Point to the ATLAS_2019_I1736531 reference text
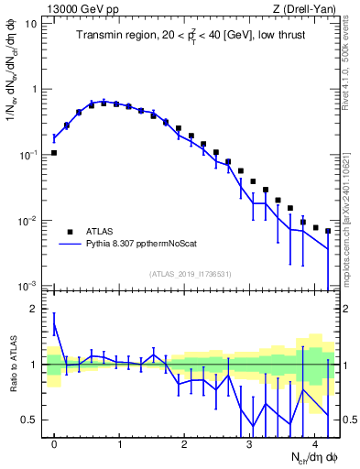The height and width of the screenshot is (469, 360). pos(191,274)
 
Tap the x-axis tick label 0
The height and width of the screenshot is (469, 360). pos(55,443)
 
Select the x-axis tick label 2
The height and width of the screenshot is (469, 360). pos(184,443)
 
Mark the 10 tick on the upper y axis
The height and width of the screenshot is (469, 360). pos(31,24)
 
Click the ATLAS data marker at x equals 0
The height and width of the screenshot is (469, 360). pos(55,153)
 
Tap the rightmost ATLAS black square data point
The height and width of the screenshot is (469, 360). pos(328,231)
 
